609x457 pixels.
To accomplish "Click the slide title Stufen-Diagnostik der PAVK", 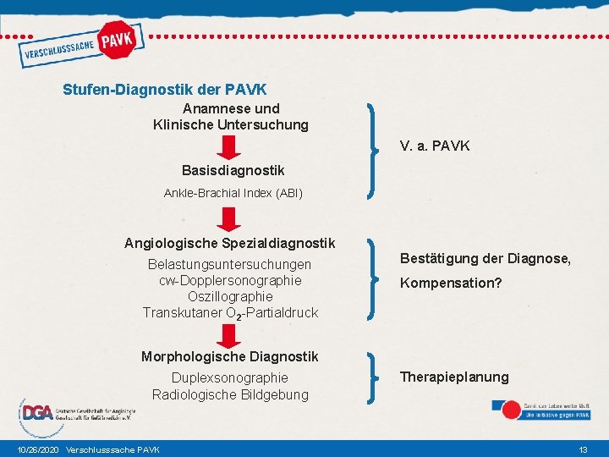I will [x=165, y=89].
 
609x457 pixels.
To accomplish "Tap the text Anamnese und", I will [x=231, y=108].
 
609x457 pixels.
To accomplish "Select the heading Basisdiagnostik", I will [x=233, y=171].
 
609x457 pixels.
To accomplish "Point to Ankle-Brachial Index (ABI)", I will [x=233, y=193].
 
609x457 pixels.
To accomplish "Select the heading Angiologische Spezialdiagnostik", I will [x=230, y=244].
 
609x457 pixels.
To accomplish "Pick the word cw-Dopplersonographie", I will [x=230, y=281].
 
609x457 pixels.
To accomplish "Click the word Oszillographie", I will [x=230, y=297].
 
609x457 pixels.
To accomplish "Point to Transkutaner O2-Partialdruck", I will [x=230, y=313].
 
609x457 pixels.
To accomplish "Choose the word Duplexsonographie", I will [x=230, y=377].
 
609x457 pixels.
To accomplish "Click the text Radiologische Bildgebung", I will [x=230, y=394].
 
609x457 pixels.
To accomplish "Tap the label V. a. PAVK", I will [x=435, y=146].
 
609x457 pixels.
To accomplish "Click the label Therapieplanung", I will [x=454, y=377].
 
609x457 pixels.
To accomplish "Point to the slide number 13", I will [x=583, y=449].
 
